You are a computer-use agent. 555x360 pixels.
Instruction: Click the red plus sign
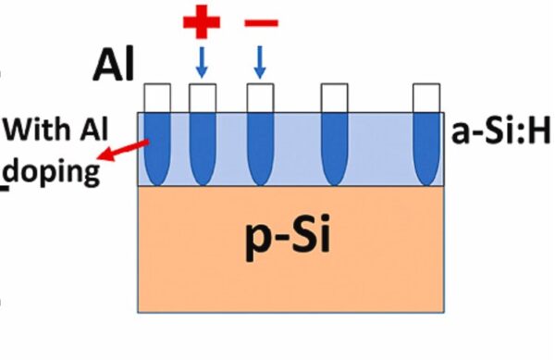(x=202, y=22)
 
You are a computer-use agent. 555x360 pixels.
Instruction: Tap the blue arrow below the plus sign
(x=202, y=63)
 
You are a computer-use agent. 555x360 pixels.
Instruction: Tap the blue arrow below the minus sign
(x=259, y=63)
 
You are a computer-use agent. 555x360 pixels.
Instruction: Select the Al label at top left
(x=113, y=67)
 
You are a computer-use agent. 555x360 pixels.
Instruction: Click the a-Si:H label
(x=500, y=133)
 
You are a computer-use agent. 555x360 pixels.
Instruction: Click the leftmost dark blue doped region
(x=157, y=148)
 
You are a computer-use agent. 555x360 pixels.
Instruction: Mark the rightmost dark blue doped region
(x=425, y=148)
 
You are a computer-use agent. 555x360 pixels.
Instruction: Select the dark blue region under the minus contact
(x=259, y=148)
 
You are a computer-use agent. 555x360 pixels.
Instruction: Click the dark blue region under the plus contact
(x=202, y=148)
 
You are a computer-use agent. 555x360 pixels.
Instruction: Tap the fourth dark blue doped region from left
(x=333, y=148)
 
